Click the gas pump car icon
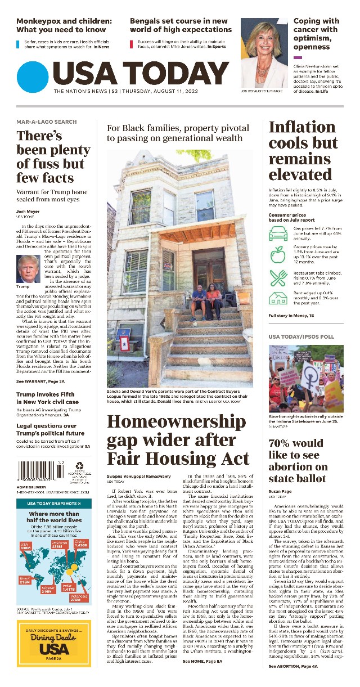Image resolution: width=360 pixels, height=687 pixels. [x=277, y=232]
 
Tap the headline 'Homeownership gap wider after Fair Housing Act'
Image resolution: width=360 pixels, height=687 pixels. [x=178, y=440]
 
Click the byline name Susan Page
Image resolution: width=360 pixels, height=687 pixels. [x=280, y=492]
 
